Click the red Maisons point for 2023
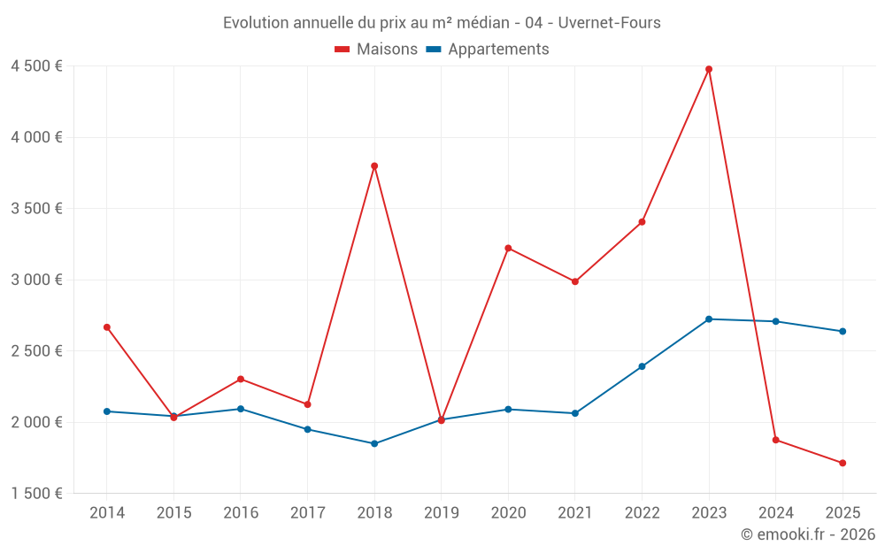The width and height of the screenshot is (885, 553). click(x=709, y=69)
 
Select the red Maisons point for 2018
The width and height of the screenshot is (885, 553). click(x=374, y=165)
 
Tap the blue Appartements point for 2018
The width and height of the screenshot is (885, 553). click(x=374, y=443)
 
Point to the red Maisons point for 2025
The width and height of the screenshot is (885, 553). click(x=843, y=463)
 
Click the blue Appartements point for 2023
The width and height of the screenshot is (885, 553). click(x=709, y=319)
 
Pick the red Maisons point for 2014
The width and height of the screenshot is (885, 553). click(x=107, y=327)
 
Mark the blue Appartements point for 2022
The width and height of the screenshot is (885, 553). click(x=642, y=366)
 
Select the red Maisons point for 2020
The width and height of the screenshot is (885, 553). click(x=508, y=248)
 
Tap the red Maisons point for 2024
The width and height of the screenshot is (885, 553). click(x=775, y=440)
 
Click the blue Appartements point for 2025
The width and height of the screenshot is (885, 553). click(x=843, y=331)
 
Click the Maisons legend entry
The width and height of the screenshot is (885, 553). click(x=376, y=50)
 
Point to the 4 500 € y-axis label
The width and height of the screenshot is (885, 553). click(x=36, y=66)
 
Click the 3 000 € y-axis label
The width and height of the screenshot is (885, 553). click(x=36, y=280)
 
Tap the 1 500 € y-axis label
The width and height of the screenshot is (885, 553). click(x=36, y=494)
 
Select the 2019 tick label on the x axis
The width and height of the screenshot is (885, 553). click(x=441, y=512)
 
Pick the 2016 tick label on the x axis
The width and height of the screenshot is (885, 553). click(x=241, y=512)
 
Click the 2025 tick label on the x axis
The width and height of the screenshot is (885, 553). click(x=843, y=512)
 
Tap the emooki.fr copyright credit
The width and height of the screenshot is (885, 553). click(x=808, y=534)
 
